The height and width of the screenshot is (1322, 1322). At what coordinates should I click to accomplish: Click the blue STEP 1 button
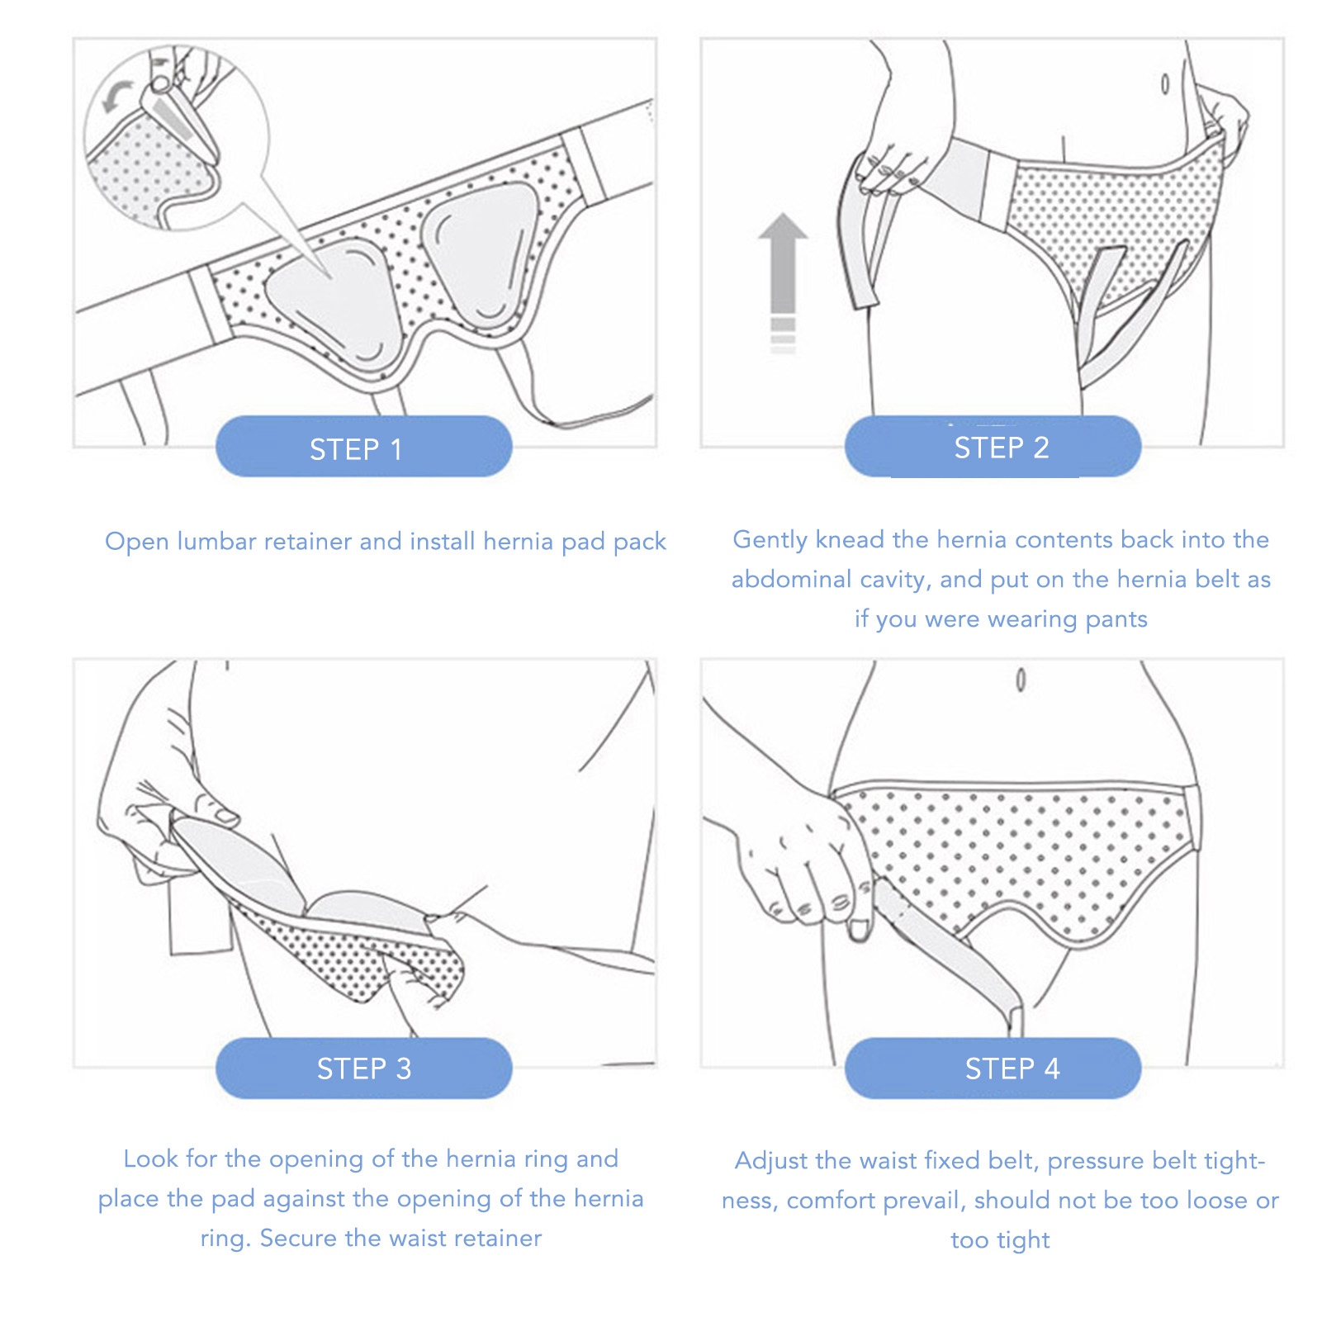point(363,447)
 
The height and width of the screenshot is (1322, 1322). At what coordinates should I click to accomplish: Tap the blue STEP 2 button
point(993,447)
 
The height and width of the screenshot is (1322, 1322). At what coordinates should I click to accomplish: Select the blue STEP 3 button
point(363,1068)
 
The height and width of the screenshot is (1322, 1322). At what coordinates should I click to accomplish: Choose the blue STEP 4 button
point(993,1068)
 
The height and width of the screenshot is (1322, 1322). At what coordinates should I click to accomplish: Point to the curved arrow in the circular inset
point(116,95)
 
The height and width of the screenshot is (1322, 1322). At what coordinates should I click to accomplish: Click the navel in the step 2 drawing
point(1164,83)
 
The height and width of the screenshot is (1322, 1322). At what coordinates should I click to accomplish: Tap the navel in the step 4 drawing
point(1021,680)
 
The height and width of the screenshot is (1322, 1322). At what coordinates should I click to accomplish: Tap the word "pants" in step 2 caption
point(1116,620)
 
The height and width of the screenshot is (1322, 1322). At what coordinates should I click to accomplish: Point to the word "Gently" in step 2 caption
point(770,541)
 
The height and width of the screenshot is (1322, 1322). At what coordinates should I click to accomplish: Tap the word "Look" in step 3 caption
point(150,1159)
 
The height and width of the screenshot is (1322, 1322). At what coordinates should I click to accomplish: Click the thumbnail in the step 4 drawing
point(859,931)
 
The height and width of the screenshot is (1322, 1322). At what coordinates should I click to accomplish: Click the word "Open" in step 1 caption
point(136,543)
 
